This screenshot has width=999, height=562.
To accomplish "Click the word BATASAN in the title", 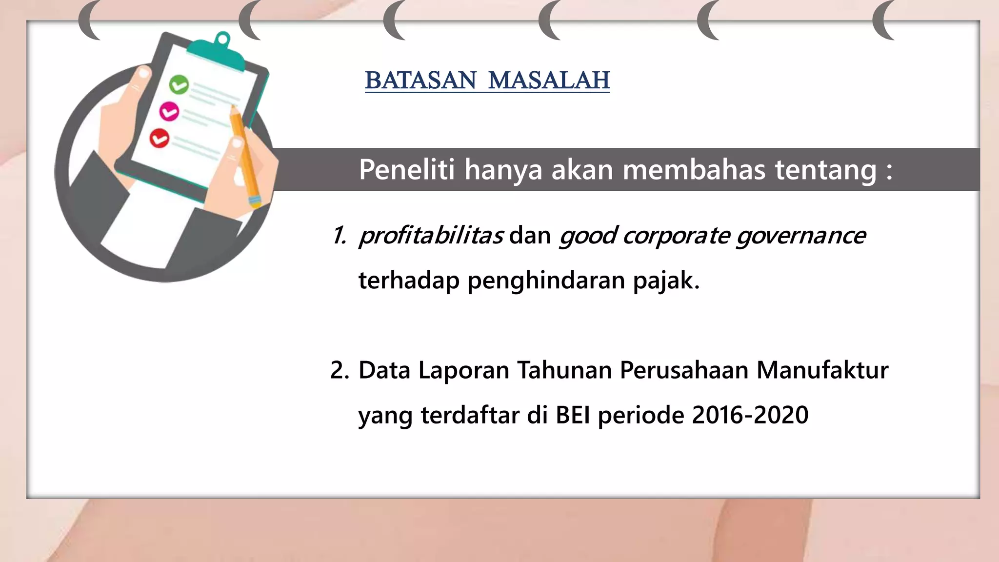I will pyautogui.click(x=420, y=80).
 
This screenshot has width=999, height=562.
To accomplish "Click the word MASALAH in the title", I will pyautogui.click(x=549, y=80).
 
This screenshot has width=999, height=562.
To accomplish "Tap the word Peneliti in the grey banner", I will pyautogui.click(x=406, y=170).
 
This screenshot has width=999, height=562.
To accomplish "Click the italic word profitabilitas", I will pyautogui.click(x=431, y=236).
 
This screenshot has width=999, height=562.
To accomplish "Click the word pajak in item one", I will pyautogui.click(x=666, y=281).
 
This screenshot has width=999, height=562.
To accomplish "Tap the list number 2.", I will pyautogui.click(x=340, y=370).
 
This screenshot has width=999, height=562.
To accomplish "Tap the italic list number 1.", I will pyautogui.click(x=339, y=236).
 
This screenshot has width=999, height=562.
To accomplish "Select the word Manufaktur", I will pyautogui.click(x=822, y=370).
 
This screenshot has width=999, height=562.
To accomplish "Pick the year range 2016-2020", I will pyautogui.click(x=750, y=415).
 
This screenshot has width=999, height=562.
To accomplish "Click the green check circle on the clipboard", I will pyautogui.click(x=179, y=85).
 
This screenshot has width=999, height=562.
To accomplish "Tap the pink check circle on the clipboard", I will pyautogui.click(x=169, y=112).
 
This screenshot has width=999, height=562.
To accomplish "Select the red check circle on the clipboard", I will pyautogui.click(x=159, y=139).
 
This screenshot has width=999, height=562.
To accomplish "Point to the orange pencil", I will pyautogui.click(x=245, y=156).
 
